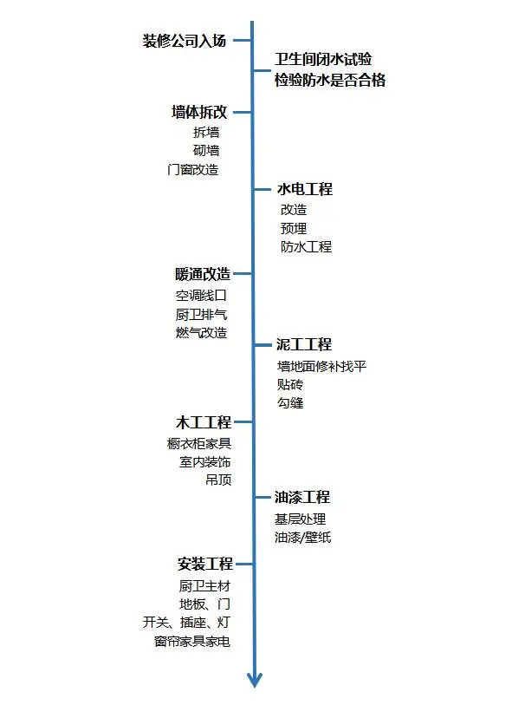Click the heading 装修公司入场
pyautogui.click(x=185, y=41)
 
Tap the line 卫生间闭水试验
pyautogui.click(x=323, y=59)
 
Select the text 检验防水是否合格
pyautogui.click(x=329, y=81)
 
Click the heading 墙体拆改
pyautogui.click(x=199, y=112)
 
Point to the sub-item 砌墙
pyautogui.click(x=206, y=151)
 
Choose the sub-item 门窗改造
pyautogui.click(x=193, y=170)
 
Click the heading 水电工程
pyautogui.click(x=304, y=189)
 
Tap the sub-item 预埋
pyautogui.click(x=293, y=228)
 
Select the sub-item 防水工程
pyautogui.click(x=306, y=247)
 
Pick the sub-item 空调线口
pyautogui.click(x=201, y=296)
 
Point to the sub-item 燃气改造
pyautogui.click(x=201, y=333)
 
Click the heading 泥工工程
pyautogui.click(x=304, y=344)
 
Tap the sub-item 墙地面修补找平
pyautogui.click(x=321, y=366)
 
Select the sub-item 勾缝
pyautogui.click(x=290, y=403)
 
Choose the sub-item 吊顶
pyautogui.click(x=218, y=480)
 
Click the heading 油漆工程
pyautogui.click(x=302, y=498)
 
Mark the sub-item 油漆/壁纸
pyautogui.click(x=302, y=538)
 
